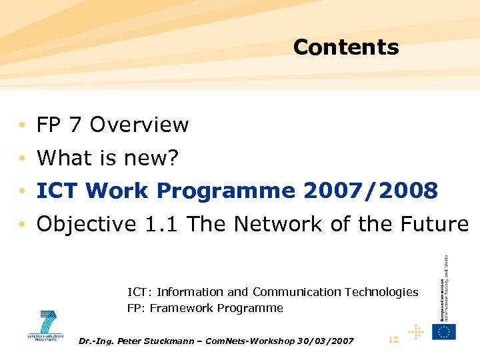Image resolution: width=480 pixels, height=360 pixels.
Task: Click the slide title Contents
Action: coord(345,47)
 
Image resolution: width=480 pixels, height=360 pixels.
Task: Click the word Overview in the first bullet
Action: coord(139,125)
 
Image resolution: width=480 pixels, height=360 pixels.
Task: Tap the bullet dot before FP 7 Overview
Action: coord(23,125)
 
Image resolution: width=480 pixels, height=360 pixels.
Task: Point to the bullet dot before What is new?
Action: coord(23,158)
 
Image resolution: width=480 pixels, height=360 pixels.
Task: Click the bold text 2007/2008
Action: coord(371,191)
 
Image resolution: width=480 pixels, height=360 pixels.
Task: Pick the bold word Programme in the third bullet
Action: coord(226,191)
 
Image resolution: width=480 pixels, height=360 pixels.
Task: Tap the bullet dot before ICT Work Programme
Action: coord(23,191)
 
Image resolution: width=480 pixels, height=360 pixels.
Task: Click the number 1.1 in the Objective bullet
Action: coord(163,225)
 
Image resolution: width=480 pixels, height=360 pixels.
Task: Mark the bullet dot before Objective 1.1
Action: coord(23,225)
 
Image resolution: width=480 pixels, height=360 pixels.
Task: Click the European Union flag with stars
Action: coord(443,331)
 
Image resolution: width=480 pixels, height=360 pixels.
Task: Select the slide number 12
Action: coord(393,340)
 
